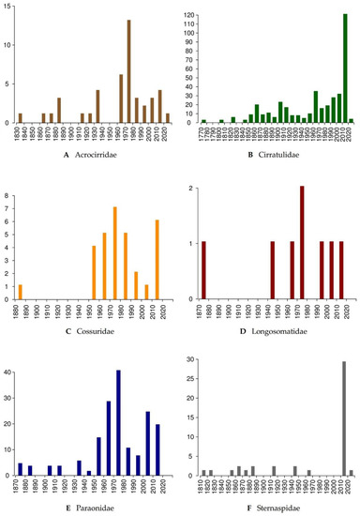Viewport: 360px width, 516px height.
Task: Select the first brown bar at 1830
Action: pos(20,118)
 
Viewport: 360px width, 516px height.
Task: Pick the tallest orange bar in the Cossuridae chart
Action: pos(114,252)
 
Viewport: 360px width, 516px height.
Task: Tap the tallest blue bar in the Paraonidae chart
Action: pos(119,423)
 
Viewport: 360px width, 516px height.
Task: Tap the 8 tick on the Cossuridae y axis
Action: pos(7,196)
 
